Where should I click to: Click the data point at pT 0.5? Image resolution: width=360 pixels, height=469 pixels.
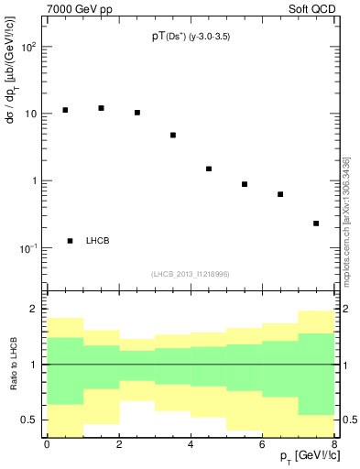(65, 110)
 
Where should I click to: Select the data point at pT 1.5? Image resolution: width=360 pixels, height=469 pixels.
(101, 108)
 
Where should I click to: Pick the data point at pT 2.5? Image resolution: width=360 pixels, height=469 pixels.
(137, 113)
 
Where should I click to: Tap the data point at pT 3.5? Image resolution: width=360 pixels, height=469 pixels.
(173, 135)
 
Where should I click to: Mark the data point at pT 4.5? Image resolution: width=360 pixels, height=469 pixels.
(209, 169)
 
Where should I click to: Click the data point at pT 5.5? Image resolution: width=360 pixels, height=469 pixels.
(245, 184)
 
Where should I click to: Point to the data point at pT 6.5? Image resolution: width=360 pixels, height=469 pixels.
(280, 194)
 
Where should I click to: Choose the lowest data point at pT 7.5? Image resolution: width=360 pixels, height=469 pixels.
(316, 224)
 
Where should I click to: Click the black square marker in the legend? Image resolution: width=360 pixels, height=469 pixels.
(71, 241)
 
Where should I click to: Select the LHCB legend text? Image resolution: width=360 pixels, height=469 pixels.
(98, 241)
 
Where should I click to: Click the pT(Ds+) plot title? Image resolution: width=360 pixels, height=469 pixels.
(191, 37)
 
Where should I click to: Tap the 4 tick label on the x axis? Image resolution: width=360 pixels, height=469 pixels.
(191, 443)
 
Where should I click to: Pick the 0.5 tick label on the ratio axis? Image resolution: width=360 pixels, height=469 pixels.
(31, 420)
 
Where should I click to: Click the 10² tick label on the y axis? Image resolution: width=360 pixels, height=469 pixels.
(28, 46)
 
